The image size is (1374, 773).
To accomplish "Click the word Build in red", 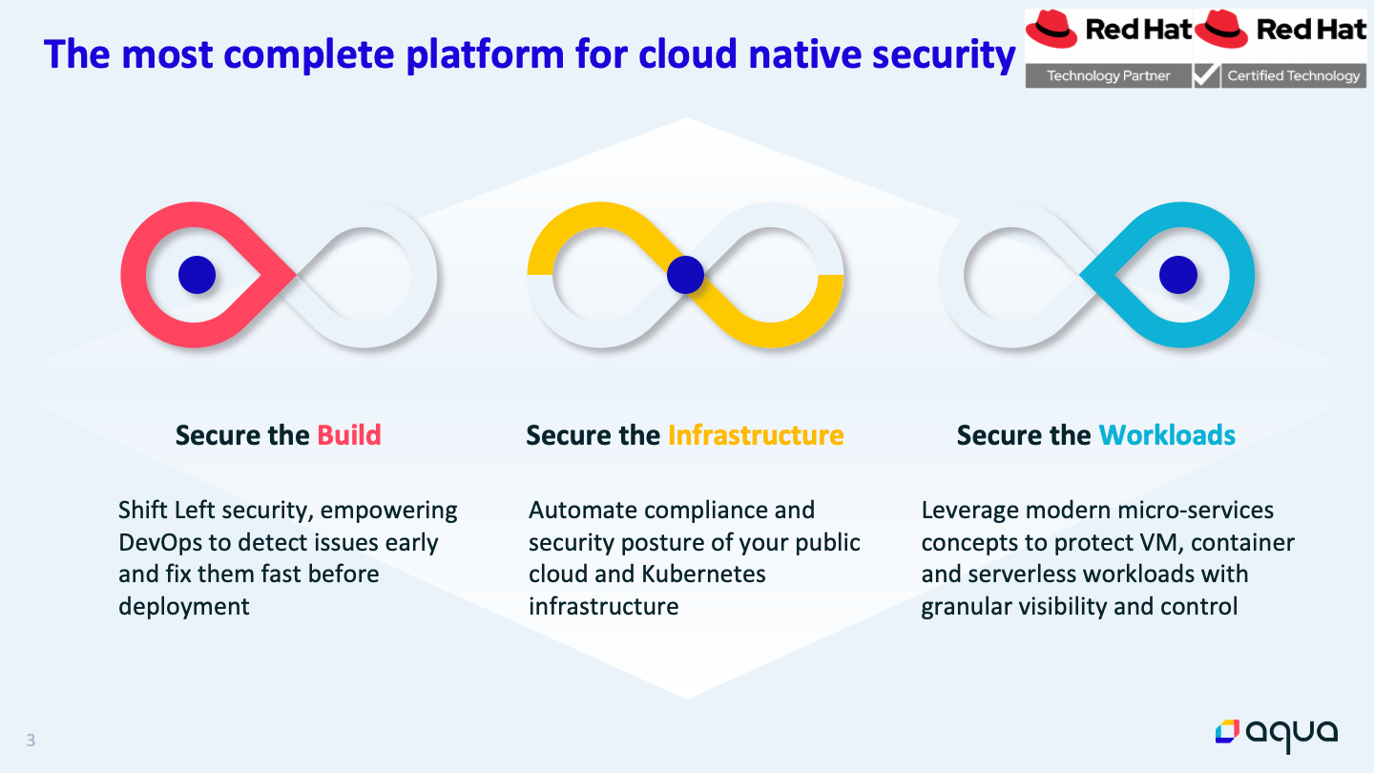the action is [349, 435].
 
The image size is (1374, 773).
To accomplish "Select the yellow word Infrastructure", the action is [756, 435].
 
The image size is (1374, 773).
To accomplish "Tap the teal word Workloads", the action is [1167, 435].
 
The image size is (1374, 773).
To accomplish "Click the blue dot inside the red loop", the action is [197, 275].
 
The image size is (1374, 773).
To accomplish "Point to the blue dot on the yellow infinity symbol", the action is [685, 275].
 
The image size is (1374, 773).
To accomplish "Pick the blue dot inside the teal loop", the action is [1177, 275].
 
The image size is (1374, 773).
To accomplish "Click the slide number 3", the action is [31, 741].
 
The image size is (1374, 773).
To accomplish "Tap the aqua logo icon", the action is [1227, 732].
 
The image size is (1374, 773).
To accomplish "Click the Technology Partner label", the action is [1109, 75].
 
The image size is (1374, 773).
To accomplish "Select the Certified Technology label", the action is [1294, 75].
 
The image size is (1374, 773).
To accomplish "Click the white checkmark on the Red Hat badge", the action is [1206, 74].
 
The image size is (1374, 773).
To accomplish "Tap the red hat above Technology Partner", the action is [1051, 29].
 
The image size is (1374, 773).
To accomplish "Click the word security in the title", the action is [944, 55].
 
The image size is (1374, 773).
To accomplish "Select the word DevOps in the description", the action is [159, 543].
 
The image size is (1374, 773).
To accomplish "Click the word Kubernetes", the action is [703, 575].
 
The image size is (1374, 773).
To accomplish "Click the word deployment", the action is [183, 607].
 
